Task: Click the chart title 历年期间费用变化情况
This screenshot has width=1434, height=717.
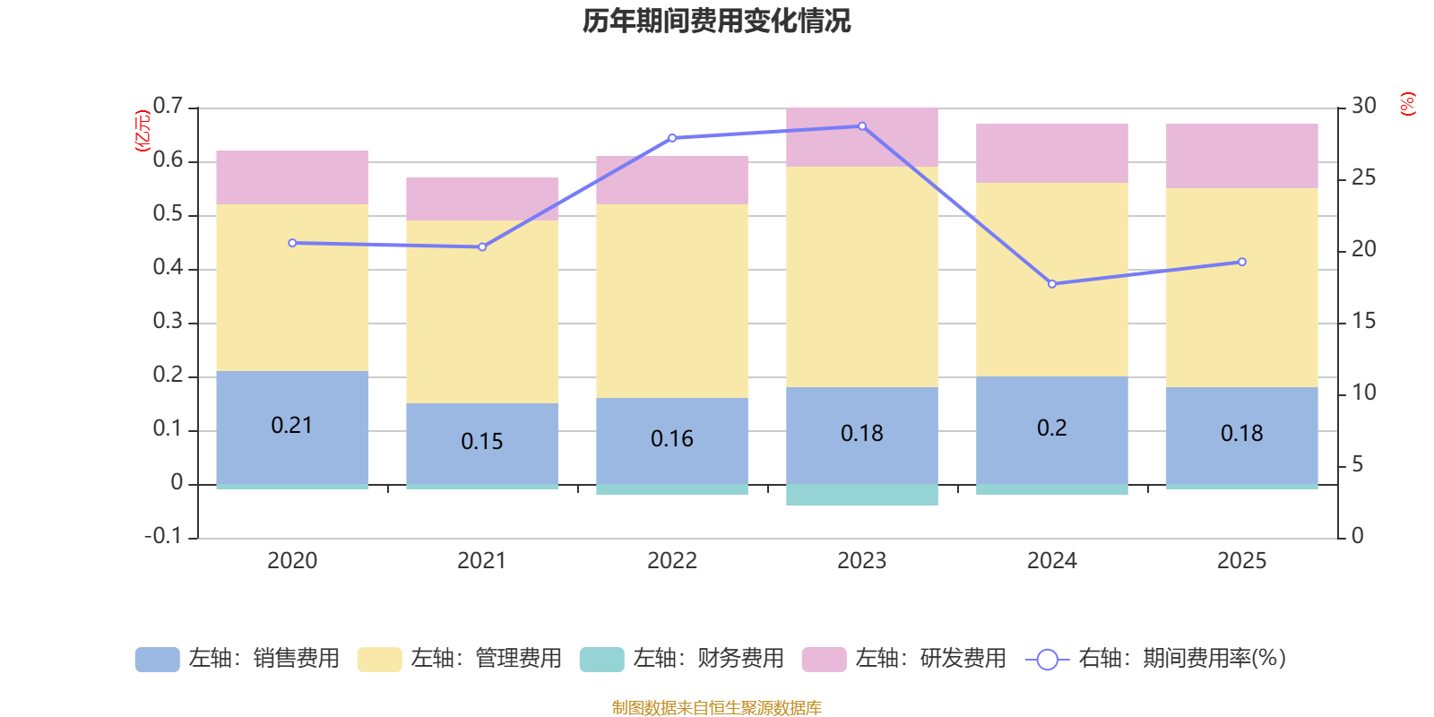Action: point(716,21)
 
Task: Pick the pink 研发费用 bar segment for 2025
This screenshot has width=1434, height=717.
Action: point(1241,156)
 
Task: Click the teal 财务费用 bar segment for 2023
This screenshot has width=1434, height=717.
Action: point(862,495)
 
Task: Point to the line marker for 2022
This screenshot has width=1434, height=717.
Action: point(672,138)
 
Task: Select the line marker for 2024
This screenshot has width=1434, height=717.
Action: point(1052,284)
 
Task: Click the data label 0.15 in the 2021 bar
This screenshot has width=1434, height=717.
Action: point(482,441)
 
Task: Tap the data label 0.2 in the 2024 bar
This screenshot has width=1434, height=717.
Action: point(1052,428)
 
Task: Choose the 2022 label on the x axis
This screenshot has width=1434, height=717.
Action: point(672,560)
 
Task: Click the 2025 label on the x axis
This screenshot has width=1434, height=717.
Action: point(1241,560)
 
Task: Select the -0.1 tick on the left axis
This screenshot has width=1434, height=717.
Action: point(163,536)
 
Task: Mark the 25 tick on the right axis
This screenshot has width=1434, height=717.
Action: point(1363,177)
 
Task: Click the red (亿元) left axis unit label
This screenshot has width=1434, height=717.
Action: point(142,131)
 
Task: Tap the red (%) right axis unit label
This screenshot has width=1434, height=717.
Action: point(1407,104)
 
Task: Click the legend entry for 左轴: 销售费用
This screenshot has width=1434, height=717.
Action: point(238,659)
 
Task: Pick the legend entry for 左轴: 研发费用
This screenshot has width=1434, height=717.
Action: point(905,659)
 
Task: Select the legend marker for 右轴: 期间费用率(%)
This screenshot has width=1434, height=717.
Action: point(1047,660)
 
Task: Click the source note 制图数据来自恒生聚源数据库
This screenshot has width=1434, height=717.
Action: point(716,708)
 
